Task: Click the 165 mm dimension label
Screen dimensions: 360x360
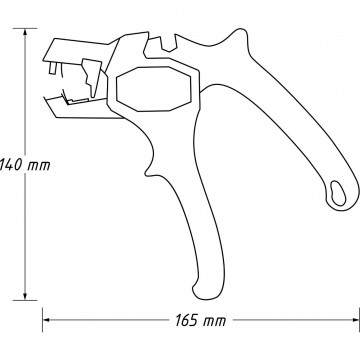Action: [201, 321]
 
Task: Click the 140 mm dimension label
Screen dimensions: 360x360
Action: [25, 165]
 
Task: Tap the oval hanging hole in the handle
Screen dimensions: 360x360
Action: [338, 193]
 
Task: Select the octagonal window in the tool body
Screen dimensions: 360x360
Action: [154, 89]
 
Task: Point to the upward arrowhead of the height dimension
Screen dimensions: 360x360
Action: [25, 33]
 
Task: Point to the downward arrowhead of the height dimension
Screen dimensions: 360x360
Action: [25, 296]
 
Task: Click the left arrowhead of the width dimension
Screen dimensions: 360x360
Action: [47, 320]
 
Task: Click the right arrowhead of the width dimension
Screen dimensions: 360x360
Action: [355, 320]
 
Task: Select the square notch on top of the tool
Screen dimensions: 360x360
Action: [169, 44]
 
